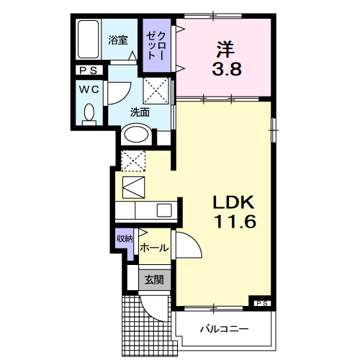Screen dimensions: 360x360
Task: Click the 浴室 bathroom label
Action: (x=118, y=40)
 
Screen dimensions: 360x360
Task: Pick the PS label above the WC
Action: (x=90, y=71)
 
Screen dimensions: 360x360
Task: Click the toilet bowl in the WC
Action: (x=90, y=112)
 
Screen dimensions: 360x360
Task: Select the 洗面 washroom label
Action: (x=140, y=112)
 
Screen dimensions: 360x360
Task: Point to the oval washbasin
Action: (x=135, y=133)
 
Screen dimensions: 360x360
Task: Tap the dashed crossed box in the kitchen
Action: (x=132, y=160)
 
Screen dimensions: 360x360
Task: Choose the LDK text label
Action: (x=233, y=202)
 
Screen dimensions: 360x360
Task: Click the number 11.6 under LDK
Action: (x=233, y=221)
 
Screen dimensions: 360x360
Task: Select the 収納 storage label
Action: (x=125, y=239)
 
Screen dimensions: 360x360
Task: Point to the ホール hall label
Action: (x=154, y=248)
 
